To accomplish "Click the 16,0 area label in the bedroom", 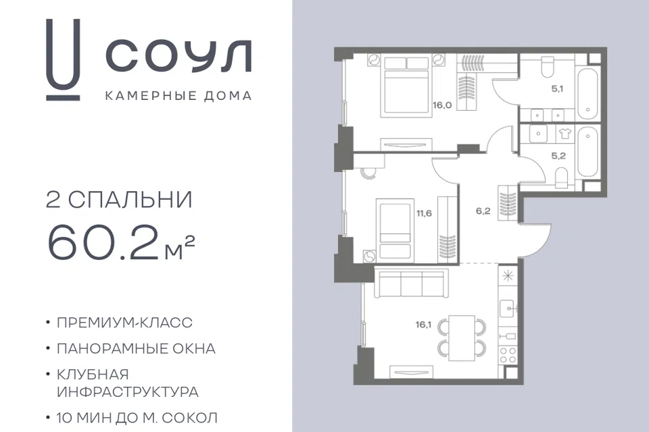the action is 442,105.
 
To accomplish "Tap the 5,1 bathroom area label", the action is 557,88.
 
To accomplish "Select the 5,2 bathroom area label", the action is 558,156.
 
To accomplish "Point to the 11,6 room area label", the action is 425,213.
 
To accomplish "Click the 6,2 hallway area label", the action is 483,211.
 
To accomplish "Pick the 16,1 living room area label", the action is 423,325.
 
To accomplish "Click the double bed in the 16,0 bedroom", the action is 406,85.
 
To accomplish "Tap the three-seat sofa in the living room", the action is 412,283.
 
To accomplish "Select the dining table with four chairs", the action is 462,337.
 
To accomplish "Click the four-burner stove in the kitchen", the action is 508,354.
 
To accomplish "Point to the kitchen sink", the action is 508,308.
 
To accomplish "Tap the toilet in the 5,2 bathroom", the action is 561,177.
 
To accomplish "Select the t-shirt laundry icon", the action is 564,134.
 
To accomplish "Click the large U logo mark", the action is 62,59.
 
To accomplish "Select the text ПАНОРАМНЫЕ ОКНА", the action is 136,349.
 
